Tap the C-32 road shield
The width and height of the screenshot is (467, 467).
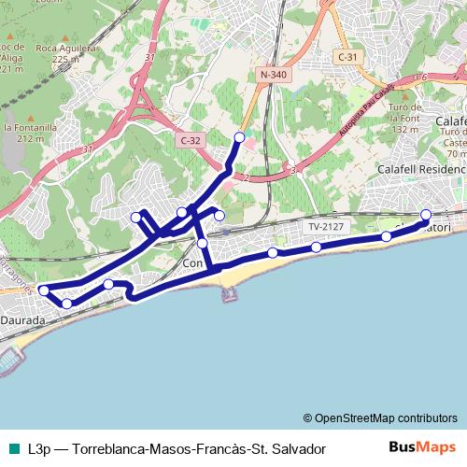click(190, 140)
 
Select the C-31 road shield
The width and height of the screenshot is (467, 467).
click(347, 57)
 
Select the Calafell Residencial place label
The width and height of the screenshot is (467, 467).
click(420, 169)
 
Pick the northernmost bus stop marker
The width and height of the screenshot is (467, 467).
click(239, 137)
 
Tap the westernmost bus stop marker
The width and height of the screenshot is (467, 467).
click(43, 291)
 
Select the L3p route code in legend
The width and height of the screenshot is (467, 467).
click(39, 448)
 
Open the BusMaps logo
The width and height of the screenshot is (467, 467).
click(422, 447)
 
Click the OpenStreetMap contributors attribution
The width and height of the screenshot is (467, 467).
click(380, 417)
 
